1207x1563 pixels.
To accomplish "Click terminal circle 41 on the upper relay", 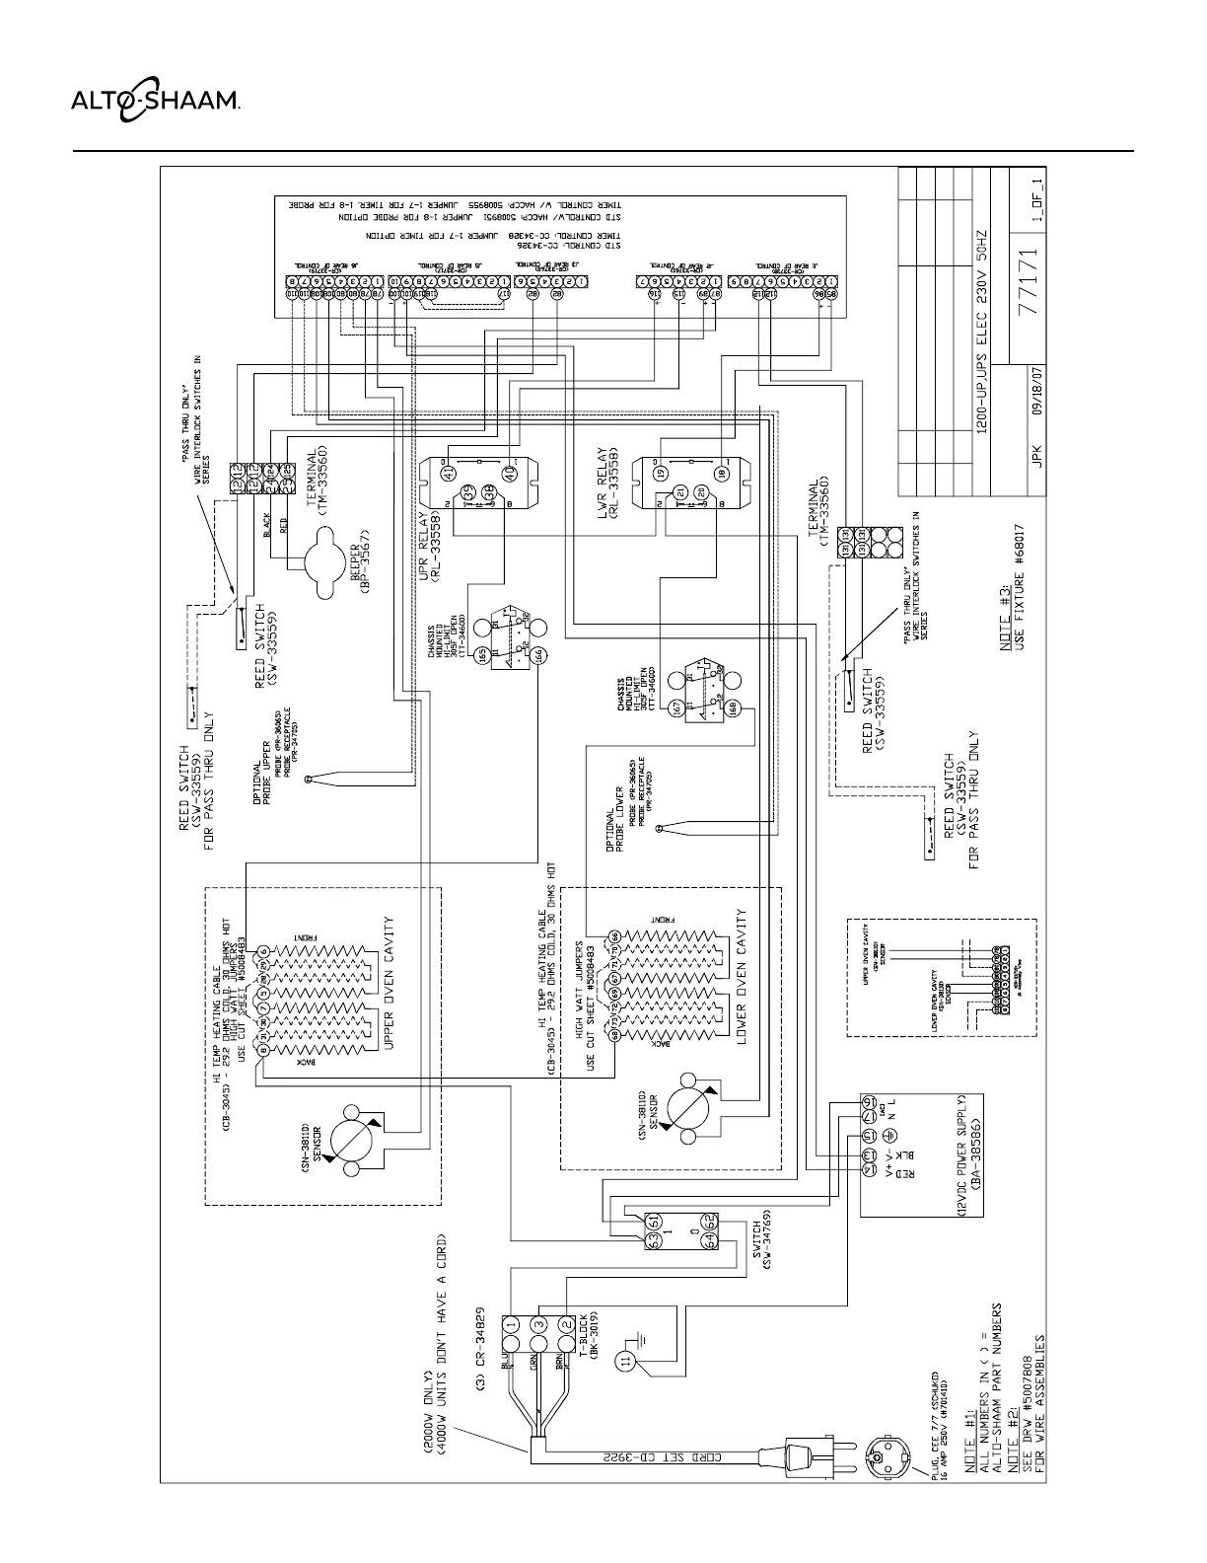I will click(451, 474).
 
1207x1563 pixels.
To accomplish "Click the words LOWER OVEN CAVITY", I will click(741, 977).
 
